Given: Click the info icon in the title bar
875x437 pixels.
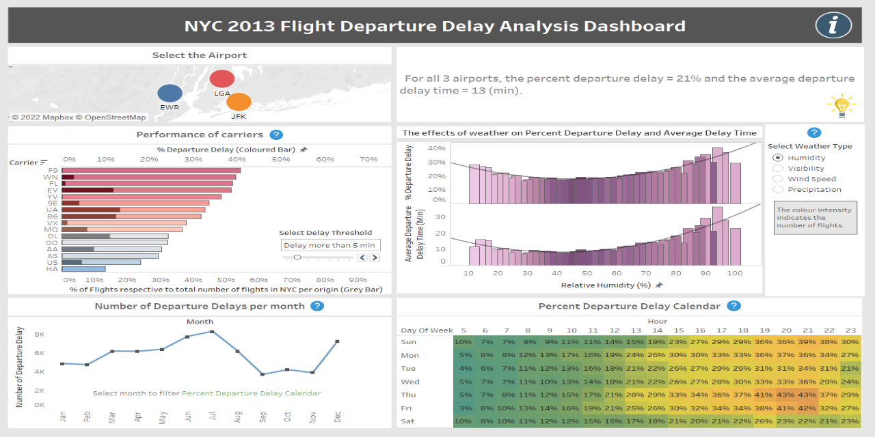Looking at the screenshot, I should tap(833, 25).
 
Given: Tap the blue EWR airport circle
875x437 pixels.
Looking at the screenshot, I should tap(170, 94).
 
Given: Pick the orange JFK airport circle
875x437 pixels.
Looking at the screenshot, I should tap(239, 102).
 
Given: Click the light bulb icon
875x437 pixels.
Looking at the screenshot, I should tap(842, 106).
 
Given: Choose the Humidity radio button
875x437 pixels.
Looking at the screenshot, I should tap(778, 158).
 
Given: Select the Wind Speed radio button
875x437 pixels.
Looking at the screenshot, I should tap(778, 179).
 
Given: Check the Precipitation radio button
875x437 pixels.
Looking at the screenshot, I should tap(778, 190).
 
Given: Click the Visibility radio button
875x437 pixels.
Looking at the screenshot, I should tap(778, 169).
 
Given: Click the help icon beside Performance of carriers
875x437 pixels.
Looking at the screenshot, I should tap(276, 135).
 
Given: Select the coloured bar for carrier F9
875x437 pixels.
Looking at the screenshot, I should tap(151, 170).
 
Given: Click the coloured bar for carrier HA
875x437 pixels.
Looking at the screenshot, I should tap(83, 269).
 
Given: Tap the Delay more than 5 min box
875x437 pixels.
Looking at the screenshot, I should tap(330, 245).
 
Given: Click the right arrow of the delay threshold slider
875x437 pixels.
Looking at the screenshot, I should tap(375, 257).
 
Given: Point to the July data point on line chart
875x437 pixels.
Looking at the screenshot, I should tap(212, 331).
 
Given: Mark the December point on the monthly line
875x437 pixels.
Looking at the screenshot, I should tap(337, 341).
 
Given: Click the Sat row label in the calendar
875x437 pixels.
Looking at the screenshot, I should tap(408, 421).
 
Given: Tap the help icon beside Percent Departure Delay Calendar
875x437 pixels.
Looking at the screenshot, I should tap(733, 307).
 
